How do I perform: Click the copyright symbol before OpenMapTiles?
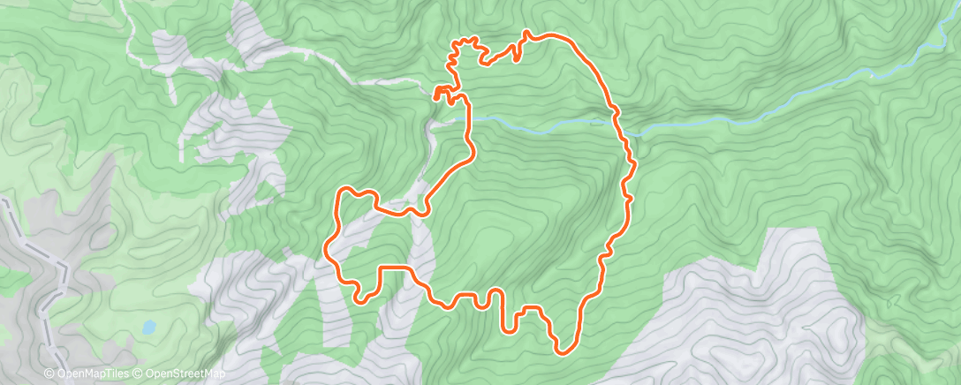coord(49,374)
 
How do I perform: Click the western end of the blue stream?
coord(477,116)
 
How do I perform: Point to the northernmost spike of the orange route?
coord(527,33)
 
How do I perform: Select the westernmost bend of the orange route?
coord(328,251)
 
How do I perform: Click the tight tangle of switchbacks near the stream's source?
coord(448,95)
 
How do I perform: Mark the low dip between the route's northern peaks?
coord(486,64)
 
